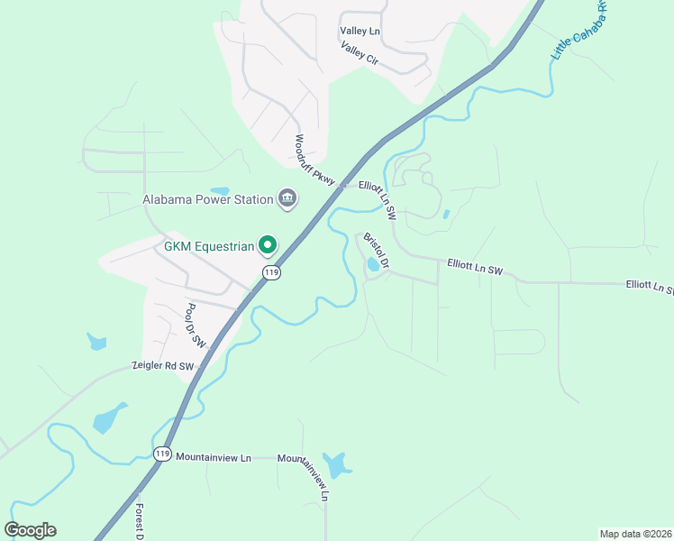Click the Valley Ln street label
pos(360,32)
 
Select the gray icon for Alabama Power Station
pos(287,198)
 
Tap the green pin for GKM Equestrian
pos(268,244)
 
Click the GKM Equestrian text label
pos(208,245)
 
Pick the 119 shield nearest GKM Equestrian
pos(271,271)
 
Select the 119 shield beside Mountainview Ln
pos(162,454)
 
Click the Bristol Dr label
pos(376,252)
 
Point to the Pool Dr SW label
pos(196,326)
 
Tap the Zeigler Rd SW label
pos(163,366)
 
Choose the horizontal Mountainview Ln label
pos(214,458)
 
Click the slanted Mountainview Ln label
pos(305,478)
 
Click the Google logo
pos(31,530)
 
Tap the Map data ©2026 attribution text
pos(634,534)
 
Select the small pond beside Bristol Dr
pos(373,265)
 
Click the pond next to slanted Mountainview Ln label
pos(337,465)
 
